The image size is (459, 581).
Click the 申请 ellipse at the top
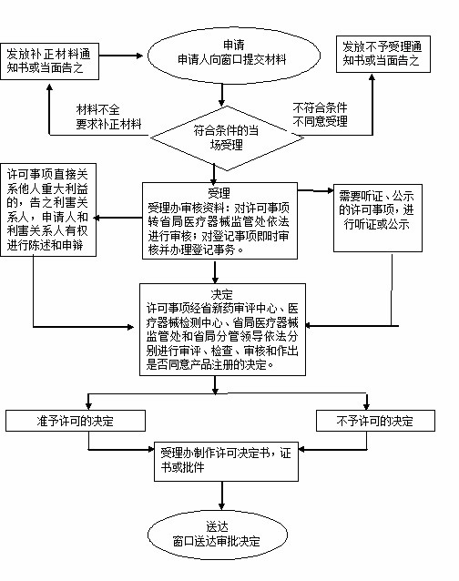click(x=234, y=56)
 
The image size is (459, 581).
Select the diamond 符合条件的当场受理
click(x=227, y=138)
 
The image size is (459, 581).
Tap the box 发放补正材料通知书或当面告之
click(x=50, y=62)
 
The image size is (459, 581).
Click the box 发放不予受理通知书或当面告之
click(x=383, y=54)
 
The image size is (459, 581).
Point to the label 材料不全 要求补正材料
click(x=108, y=117)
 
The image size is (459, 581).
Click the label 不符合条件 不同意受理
click(x=320, y=115)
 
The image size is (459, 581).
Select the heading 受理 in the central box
click(x=219, y=193)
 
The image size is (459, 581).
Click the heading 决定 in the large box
click(x=221, y=294)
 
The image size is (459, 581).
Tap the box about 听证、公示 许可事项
click(x=378, y=218)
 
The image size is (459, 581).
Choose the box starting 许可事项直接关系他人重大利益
click(x=48, y=209)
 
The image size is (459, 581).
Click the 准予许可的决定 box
click(x=76, y=421)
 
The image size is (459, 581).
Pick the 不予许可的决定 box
click(x=375, y=421)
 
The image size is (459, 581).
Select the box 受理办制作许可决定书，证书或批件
click(x=226, y=462)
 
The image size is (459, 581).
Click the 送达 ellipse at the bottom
click(x=218, y=535)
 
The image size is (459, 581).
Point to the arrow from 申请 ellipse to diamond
click(x=221, y=95)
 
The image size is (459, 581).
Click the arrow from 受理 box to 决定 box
click(x=215, y=271)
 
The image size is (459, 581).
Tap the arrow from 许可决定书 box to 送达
click(x=221, y=495)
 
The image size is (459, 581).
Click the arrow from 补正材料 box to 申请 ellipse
click(x=121, y=56)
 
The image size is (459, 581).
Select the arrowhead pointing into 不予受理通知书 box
click(x=372, y=76)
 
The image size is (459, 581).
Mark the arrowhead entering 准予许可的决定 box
click(x=88, y=406)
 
